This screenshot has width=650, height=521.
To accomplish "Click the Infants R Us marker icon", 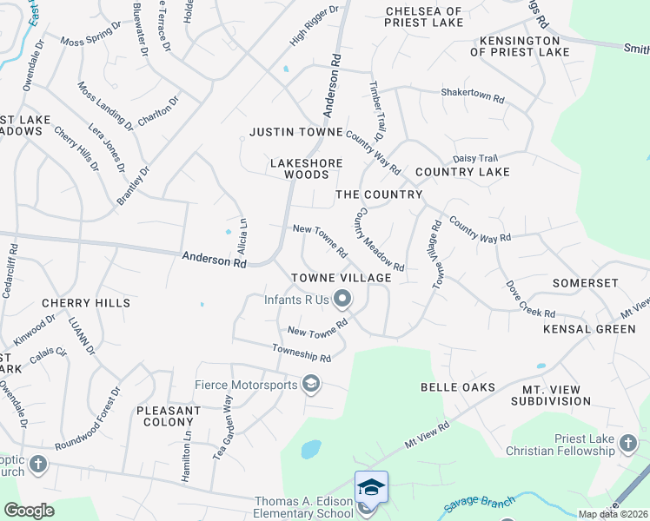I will [x=342, y=300].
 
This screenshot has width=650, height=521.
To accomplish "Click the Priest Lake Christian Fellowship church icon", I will [x=628, y=445].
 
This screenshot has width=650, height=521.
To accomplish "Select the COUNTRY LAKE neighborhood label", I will [x=462, y=172].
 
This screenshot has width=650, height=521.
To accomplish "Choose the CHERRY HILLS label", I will [x=86, y=303].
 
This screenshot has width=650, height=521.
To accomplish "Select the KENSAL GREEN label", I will [x=590, y=329].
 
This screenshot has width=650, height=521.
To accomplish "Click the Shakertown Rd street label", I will [x=473, y=96].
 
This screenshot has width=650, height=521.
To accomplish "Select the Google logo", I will [x=30, y=511].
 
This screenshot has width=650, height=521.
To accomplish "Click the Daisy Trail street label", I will [x=474, y=158].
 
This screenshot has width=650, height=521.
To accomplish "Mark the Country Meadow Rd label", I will [x=380, y=240].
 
